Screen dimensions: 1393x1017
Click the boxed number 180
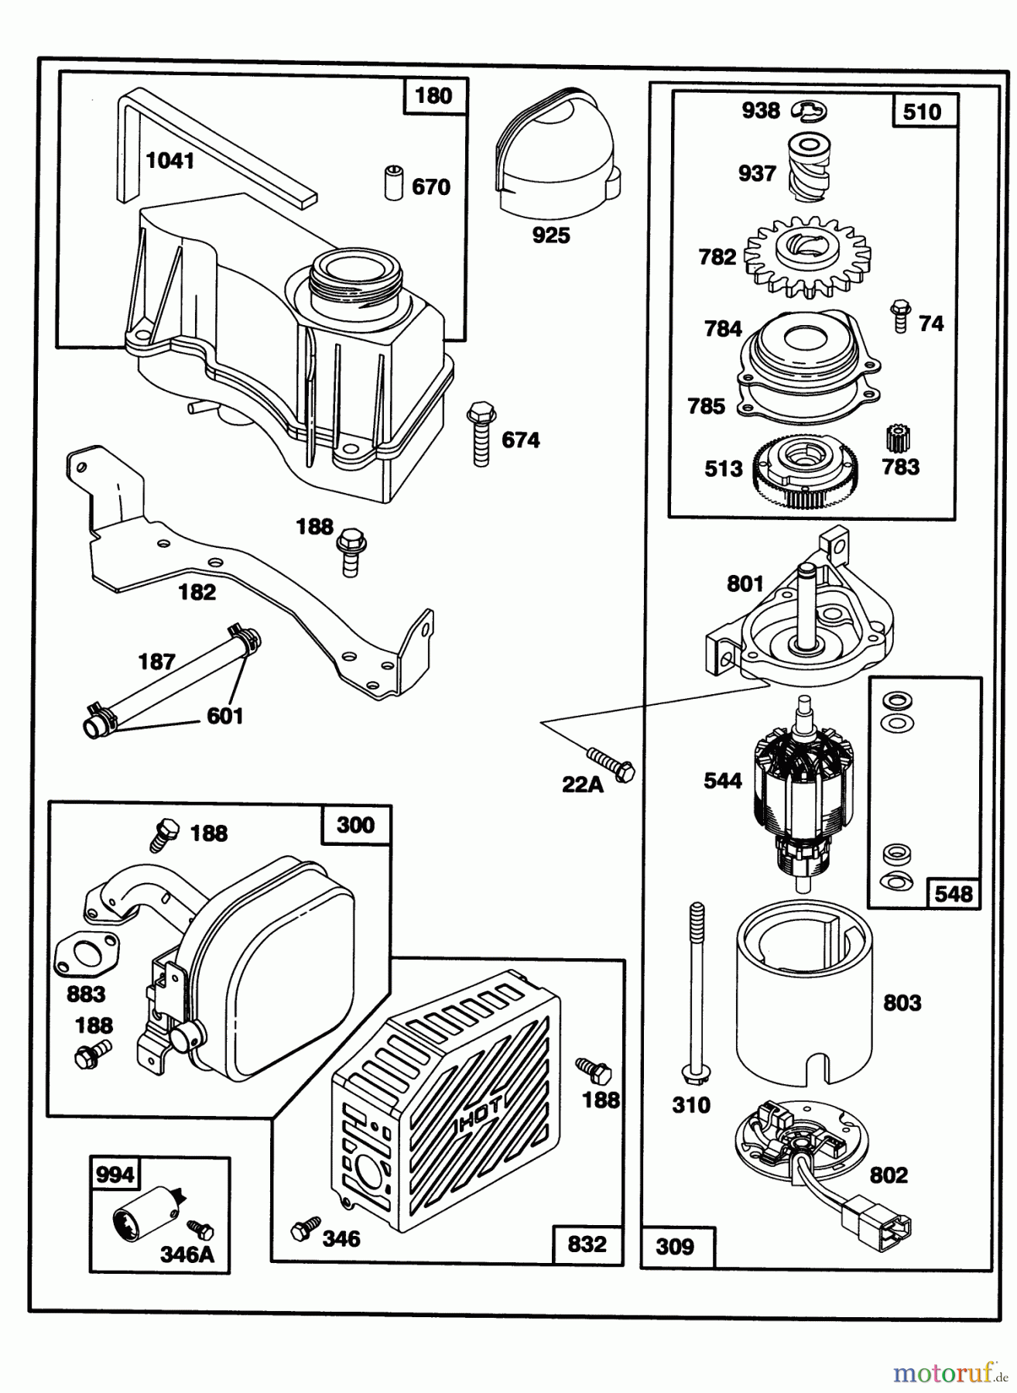433,97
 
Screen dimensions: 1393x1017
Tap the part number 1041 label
170,161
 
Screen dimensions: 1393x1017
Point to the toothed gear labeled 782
806,255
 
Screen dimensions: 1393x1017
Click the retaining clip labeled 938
810,111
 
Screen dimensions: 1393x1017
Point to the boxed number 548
953,894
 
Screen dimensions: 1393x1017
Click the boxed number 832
587,1244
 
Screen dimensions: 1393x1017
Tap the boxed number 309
675,1247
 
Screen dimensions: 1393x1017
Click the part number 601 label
225,716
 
